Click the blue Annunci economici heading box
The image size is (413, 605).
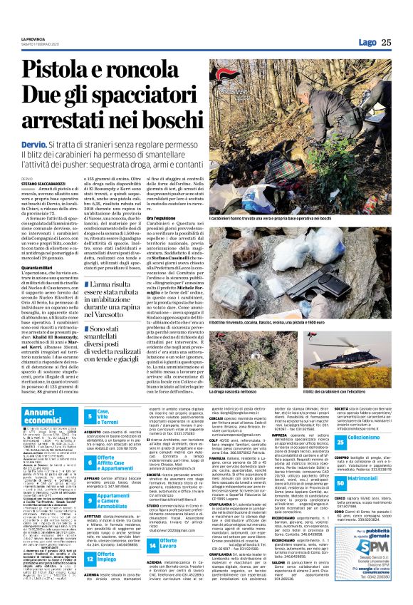point(49,416)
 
